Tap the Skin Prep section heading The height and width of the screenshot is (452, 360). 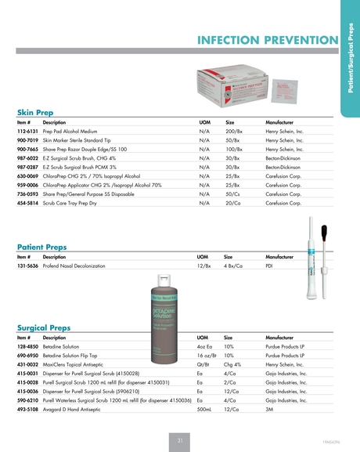tap(35, 113)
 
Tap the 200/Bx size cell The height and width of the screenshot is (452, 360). tap(234, 132)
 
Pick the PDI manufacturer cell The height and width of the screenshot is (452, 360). tap(270, 266)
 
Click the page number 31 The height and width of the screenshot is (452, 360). tap(179, 441)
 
